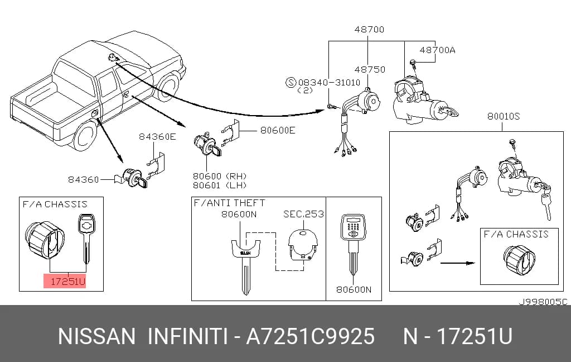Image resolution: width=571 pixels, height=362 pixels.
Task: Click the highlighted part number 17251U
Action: pyautogui.click(x=67, y=282)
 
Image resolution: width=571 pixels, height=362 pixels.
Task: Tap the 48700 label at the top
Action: pyautogui.click(x=369, y=29)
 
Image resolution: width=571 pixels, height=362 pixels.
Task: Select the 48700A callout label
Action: pyautogui.click(x=437, y=50)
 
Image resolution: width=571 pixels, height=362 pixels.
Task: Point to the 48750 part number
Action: pyautogui.click(x=370, y=69)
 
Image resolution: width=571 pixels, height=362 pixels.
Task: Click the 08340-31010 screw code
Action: pyautogui.click(x=329, y=83)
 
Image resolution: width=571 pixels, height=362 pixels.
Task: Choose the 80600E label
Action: pyautogui.click(x=278, y=130)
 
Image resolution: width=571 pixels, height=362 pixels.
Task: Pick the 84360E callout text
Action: pyautogui.click(x=157, y=136)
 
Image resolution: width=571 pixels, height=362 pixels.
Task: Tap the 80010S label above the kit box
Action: pyautogui.click(x=504, y=116)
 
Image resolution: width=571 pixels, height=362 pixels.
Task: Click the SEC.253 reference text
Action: pyautogui.click(x=304, y=214)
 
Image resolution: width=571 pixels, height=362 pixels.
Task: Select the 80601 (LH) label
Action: pyautogui.click(x=220, y=185)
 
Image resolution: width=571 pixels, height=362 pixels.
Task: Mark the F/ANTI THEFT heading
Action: pyautogui.click(x=229, y=203)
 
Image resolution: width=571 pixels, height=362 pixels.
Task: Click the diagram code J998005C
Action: pyautogui.click(x=543, y=302)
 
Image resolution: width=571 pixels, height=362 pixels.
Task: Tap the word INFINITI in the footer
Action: pyautogui.click(x=187, y=336)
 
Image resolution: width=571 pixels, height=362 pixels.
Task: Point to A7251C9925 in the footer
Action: pyautogui.click(x=310, y=336)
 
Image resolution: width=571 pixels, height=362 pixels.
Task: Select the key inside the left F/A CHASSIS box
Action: pyautogui.click(x=86, y=238)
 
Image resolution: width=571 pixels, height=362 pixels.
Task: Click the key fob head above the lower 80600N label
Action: pyautogui.click(x=353, y=227)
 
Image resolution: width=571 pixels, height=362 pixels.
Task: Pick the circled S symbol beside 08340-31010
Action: pyautogui.click(x=291, y=83)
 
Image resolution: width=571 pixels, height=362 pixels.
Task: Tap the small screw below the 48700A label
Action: pyautogui.click(x=413, y=64)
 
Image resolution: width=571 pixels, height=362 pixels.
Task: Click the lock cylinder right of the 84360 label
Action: pyautogui.click(x=133, y=178)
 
